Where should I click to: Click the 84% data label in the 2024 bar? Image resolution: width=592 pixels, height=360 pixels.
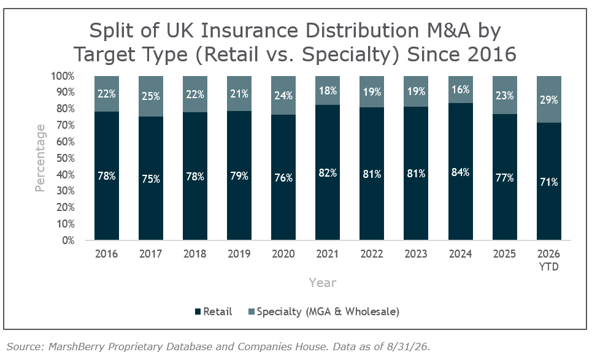point(460,172)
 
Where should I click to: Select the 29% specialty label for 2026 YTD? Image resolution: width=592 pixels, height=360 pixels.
point(548,100)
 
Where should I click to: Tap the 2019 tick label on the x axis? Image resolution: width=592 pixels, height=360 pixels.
point(239,253)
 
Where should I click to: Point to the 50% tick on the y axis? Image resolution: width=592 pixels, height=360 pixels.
point(65,158)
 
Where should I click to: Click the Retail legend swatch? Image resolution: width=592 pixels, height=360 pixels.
point(198,312)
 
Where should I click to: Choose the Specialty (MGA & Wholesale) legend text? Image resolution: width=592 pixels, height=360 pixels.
point(328,312)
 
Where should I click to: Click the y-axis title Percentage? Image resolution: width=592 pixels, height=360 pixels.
point(40,158)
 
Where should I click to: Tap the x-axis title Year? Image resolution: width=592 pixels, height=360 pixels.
point(322,283)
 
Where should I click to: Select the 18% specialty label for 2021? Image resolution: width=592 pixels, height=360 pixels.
point(328,91)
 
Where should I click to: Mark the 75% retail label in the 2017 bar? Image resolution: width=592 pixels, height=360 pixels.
point(151,179)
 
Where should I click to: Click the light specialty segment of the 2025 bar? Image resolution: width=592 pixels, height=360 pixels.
point(504,95)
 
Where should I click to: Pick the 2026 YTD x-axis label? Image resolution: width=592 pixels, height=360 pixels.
point(548,260)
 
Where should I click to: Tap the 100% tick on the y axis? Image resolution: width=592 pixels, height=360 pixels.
point(63,76)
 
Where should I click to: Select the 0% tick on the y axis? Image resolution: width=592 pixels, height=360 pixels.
point(68,240)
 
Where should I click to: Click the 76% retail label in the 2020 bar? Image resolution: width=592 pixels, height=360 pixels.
point(283,178)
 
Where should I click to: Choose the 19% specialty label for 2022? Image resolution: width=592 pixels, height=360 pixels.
point(372,92)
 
